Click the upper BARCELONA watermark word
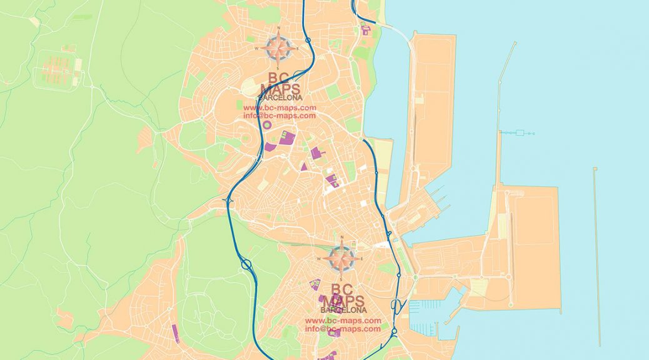(280, 97)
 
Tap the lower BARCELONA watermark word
(343, 310)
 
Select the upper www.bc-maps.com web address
(279, 107)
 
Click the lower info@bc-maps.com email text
(343, 329)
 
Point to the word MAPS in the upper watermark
(280, 89)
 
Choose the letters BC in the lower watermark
(342, 289)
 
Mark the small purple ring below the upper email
(267, 125)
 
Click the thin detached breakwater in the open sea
(597, 256)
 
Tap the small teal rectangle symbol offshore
(520, 132)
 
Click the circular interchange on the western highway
(246, 265)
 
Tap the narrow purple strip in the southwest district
(175, 333)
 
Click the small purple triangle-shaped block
(304, 167)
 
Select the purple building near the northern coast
(365, 30)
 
